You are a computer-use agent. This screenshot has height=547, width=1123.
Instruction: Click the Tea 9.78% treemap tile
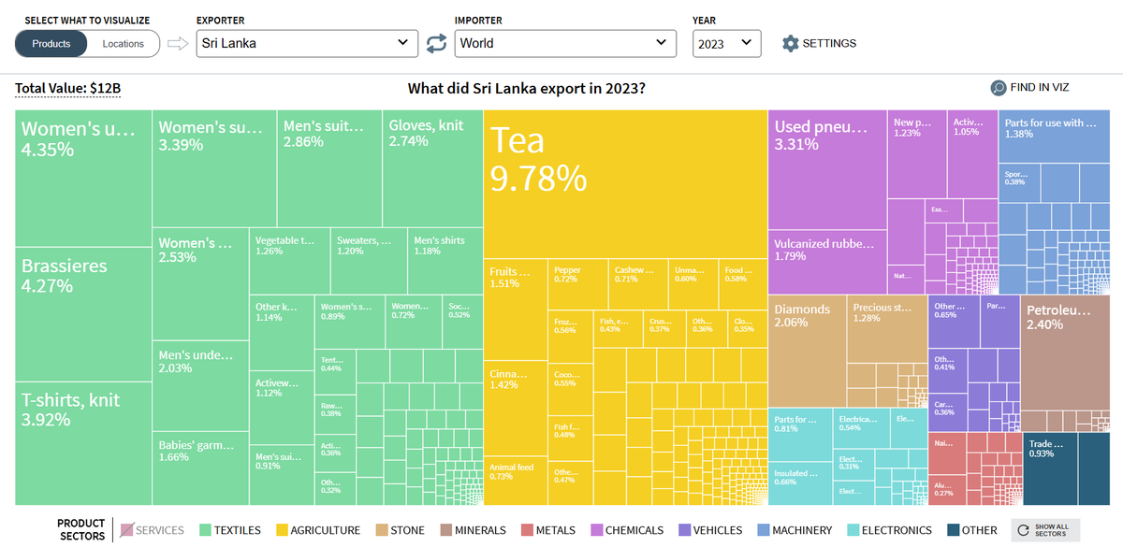(x=623, y=182)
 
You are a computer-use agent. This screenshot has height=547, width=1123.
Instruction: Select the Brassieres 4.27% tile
(x=83, y=314)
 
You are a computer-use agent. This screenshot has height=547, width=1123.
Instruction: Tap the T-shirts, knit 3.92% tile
(x=83, y=442)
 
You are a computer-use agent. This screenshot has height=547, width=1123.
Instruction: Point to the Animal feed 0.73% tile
(x=515, y=480)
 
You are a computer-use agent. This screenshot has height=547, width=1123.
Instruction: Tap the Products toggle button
(x=51, y=44)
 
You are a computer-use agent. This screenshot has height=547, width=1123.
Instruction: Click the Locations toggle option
(x=124, y=44)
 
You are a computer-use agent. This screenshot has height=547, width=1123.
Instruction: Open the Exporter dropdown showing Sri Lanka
(x=307, y=43)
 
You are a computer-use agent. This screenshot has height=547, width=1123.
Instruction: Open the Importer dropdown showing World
(x=565, y=43)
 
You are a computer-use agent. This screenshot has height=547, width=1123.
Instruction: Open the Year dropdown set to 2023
(x=726, y=43)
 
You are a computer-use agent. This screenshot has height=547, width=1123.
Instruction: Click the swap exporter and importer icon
(x=436, y=43)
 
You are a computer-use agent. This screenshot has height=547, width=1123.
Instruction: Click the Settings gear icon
(x=791, y=43)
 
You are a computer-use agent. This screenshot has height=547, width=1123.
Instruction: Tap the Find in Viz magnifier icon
(x=999, y=88)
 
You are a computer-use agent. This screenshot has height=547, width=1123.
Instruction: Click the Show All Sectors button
(x=1044, y=530)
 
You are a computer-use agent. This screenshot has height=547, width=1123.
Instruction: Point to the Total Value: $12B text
(x=68, y=89)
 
